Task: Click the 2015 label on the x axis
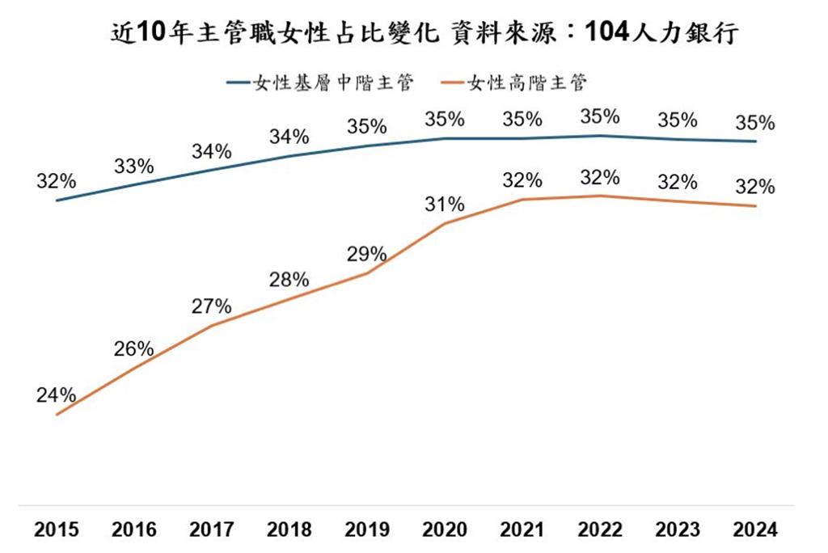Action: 56,530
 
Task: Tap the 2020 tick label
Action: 445,530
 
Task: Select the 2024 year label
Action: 755,530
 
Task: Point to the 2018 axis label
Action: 289,530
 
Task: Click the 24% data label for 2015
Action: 56,395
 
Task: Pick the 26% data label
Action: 133,348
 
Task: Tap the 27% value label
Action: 211,306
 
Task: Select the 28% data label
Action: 289,280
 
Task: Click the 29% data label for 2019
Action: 366,254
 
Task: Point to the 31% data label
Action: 445,204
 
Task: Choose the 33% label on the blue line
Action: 133,167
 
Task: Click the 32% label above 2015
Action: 56,181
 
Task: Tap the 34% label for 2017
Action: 211,151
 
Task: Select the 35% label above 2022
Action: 600,116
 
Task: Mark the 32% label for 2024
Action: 755,187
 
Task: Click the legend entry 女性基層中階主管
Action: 319,82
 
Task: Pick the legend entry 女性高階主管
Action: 513,82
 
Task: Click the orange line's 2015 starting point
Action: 57,415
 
